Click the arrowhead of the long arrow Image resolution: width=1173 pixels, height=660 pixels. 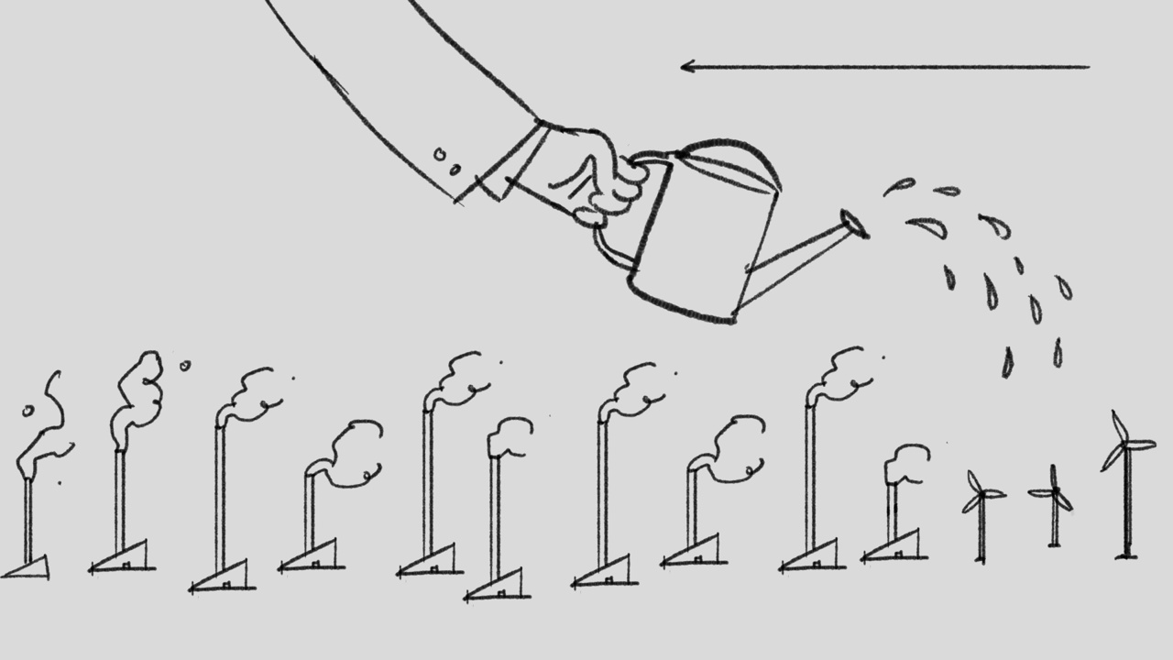tap(685, 66)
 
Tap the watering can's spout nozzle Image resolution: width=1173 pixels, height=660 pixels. tap(855, 223)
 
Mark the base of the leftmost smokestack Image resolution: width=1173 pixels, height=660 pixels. tap(27, 568)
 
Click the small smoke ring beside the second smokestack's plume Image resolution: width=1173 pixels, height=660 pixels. tap(185, 365)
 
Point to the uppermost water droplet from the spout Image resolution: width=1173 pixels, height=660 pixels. tap(901, 186)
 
